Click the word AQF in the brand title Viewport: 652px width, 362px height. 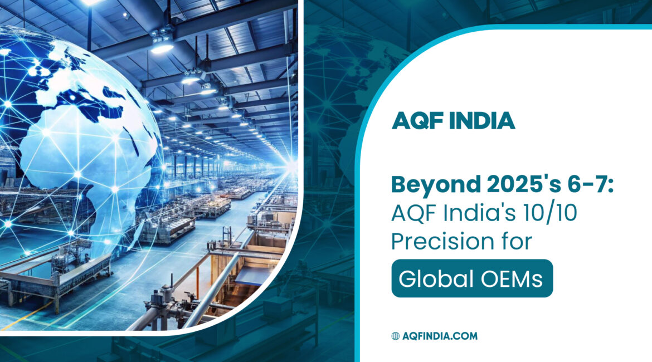(x=415, y=120)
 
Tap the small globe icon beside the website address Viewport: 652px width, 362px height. (x=396, y=336)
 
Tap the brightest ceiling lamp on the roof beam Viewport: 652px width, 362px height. (x=161, y=47)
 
